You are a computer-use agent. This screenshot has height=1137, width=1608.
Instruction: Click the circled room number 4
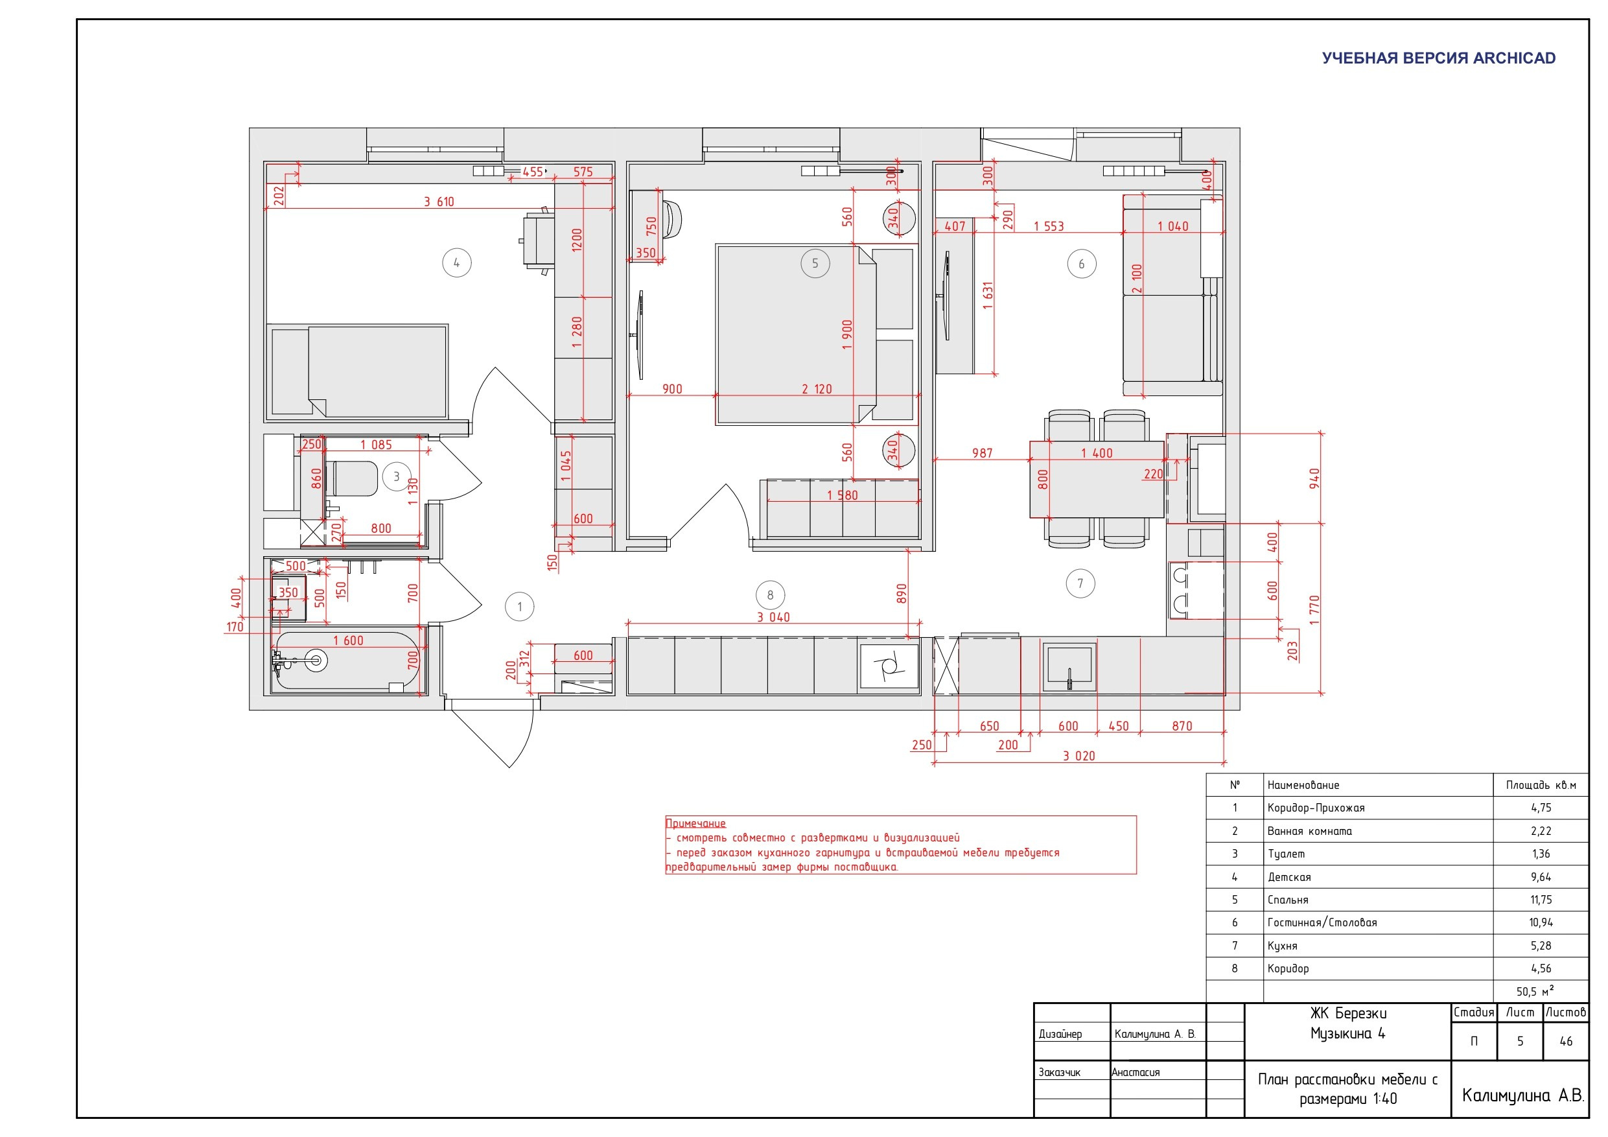coord(457,263)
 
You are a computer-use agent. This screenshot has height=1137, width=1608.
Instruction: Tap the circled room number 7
coord(1080,583)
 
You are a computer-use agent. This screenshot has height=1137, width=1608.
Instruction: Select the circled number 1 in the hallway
coord(519,607)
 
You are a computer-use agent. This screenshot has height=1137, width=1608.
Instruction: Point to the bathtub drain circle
coord(316,660)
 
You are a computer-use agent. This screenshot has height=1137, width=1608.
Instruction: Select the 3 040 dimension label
coord(773,617)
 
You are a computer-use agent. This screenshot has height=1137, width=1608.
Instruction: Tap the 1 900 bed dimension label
coord(847,334)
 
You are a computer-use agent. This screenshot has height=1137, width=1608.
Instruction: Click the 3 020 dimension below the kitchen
coord(1078,756)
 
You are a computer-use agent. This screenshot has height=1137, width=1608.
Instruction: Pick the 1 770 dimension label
coord(1314,609)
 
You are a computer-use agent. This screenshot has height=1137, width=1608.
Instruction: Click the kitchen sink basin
coord(1069,665)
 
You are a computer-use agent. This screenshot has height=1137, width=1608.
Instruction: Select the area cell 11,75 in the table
coord(1541,900)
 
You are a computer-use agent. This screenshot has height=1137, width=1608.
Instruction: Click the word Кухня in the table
coord(1283,946)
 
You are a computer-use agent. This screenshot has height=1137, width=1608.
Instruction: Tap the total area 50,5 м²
coord(1535,991)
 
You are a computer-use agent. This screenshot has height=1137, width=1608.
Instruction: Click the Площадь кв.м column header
coord(1541,785)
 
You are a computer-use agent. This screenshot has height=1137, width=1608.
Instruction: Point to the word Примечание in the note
coord(695,823)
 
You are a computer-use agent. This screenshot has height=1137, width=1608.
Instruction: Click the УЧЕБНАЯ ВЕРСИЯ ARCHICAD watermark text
coord(1439,58)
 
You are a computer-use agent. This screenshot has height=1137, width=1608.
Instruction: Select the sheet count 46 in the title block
coord(1566,1041)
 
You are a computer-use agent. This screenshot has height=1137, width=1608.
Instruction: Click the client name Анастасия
coord(1136,1072)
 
